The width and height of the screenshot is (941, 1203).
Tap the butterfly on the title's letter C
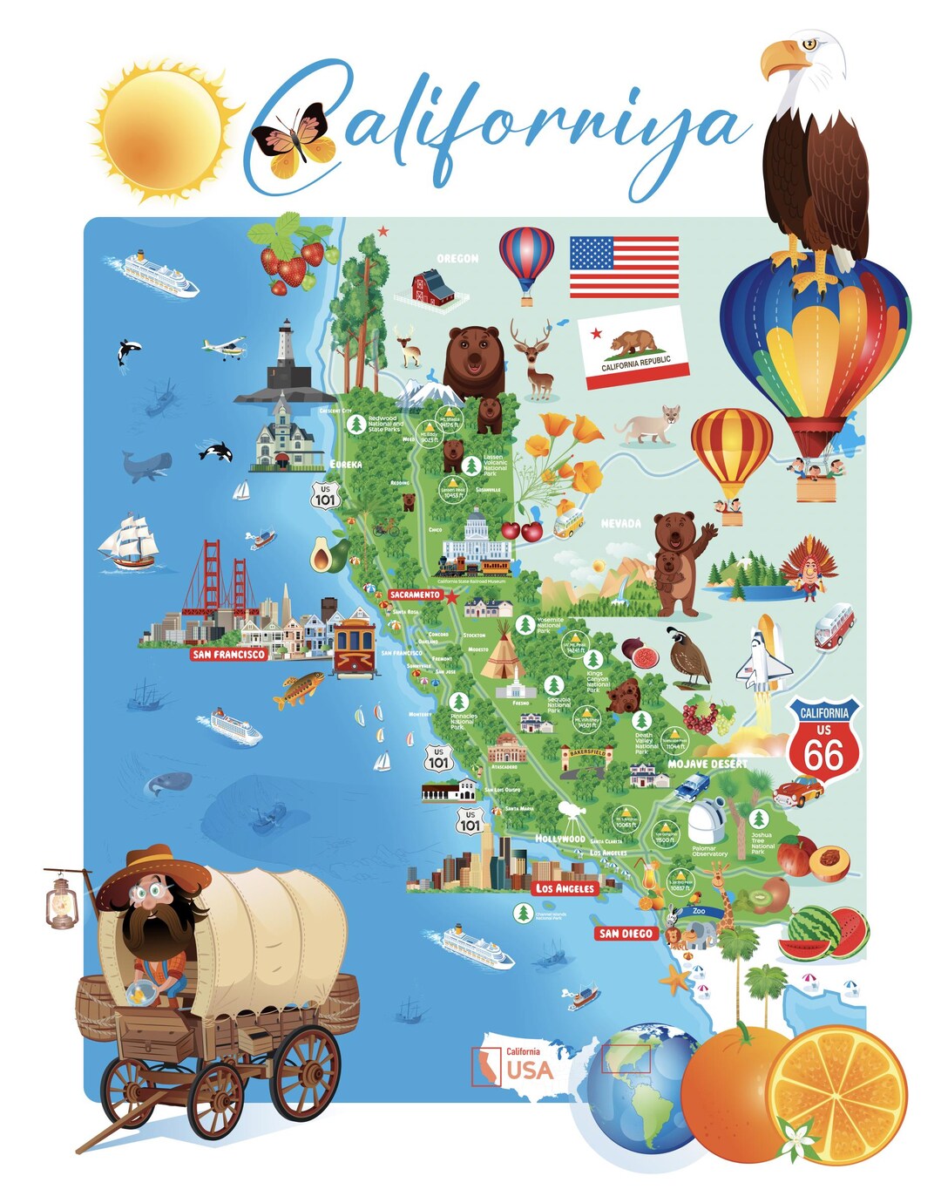coord(293,140)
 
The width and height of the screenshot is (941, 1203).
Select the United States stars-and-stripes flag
coord(624,267)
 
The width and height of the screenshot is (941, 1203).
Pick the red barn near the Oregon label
coord(434,288)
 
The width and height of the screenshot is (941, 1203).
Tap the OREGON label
coord(457,258)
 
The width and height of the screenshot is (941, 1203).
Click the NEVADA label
coord(621,524)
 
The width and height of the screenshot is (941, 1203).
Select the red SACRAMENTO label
coord(415,595)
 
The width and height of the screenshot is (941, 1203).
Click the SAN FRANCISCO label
coord(228,654)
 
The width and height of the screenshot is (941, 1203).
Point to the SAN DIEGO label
coord(626,934)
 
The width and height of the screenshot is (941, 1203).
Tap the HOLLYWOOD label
coord(559,839)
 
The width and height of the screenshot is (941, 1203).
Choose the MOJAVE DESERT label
coord(707,764)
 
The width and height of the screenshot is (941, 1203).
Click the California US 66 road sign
coord(823,739)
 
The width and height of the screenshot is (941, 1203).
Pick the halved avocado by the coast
coord(324,554)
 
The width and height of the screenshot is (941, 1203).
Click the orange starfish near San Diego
coord(675,980)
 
